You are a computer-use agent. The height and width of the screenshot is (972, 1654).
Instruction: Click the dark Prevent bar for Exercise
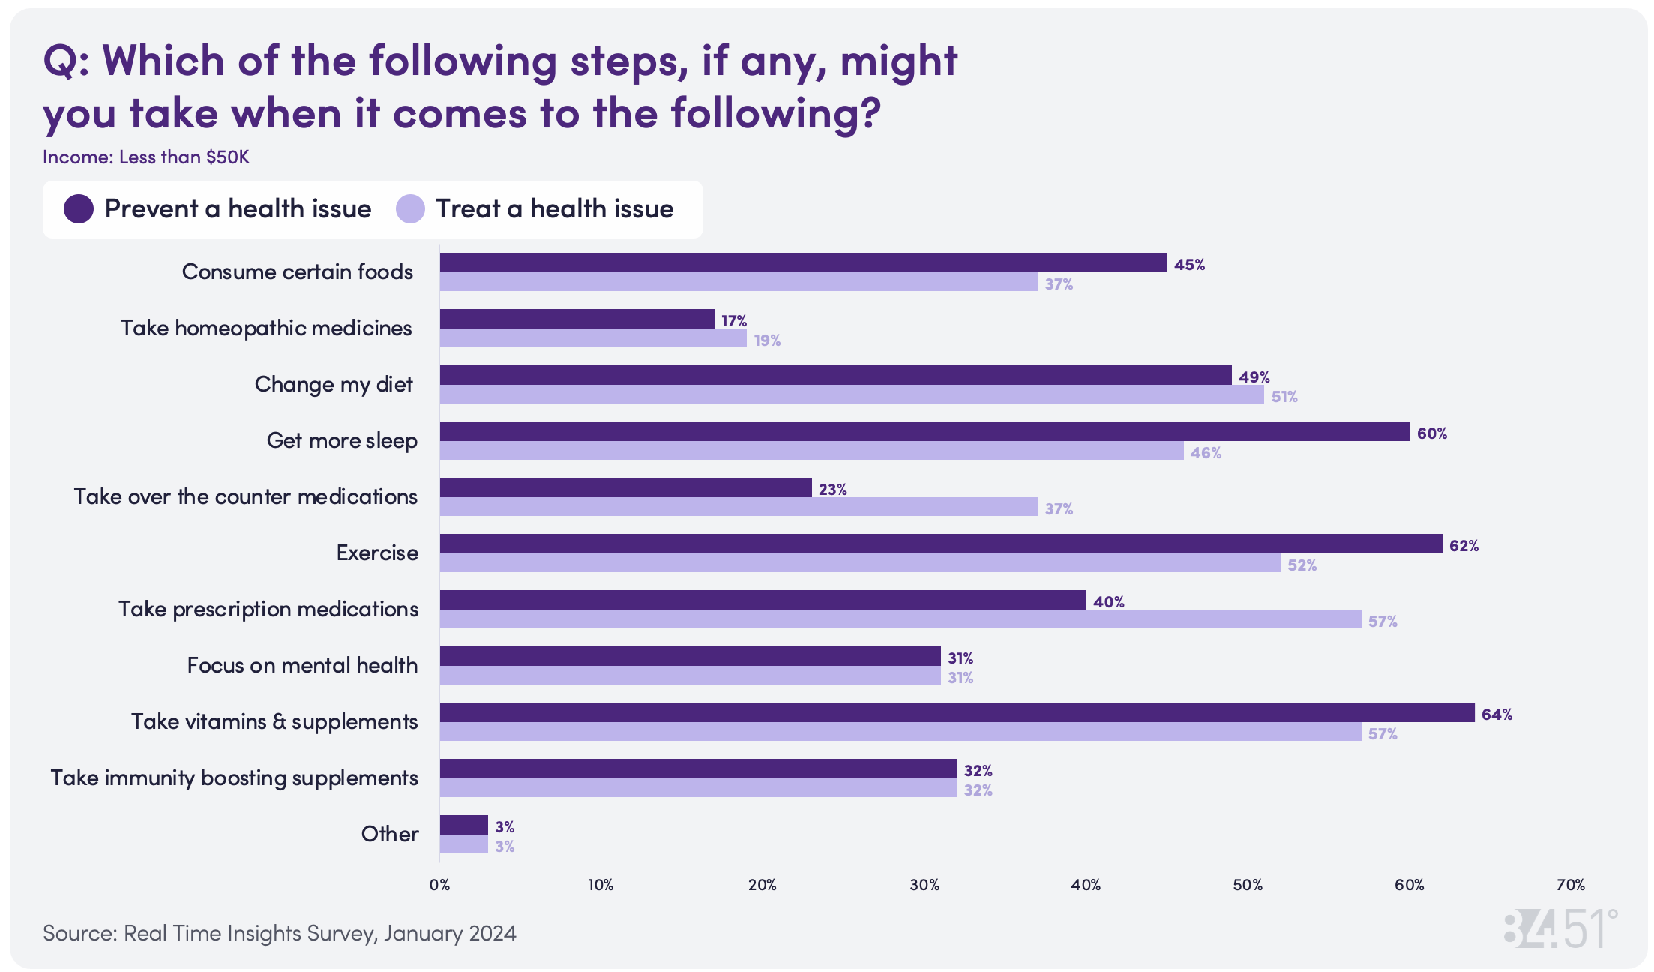940,544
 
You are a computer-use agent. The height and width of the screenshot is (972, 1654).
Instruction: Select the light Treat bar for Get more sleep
811,451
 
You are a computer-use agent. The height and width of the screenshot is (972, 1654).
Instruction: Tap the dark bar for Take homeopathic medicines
577,319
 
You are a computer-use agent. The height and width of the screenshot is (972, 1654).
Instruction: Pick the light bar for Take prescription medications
900,619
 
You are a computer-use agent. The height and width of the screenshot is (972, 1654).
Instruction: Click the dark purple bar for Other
463,825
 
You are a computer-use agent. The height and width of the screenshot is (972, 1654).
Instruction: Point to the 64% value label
1497,715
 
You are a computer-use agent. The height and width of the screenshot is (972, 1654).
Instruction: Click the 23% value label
832,490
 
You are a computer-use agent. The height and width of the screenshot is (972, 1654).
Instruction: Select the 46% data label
1206,453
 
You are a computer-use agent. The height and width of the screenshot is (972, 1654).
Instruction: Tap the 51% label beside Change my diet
1284,397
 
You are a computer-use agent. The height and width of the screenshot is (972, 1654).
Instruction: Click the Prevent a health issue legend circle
79,208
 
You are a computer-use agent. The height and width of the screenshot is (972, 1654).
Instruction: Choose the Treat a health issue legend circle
410,208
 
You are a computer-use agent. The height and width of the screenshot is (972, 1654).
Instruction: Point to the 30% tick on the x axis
924,885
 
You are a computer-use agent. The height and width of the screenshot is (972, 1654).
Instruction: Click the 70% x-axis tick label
1570,885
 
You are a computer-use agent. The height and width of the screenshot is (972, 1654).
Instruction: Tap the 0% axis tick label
439,885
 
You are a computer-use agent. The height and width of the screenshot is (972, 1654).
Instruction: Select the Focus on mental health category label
302,665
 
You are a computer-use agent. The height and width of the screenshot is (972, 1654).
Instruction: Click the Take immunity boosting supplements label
234,778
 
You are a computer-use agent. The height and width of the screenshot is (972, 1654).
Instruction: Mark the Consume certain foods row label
297,271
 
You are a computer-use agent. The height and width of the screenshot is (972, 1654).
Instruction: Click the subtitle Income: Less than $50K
146,157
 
